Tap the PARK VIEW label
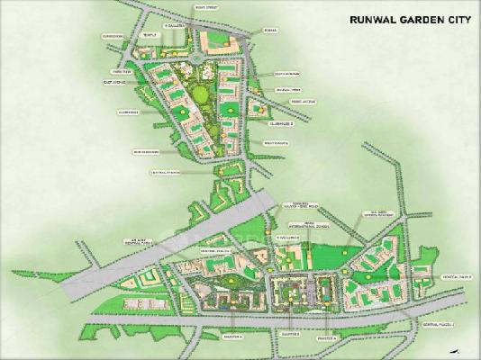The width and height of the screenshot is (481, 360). (123, 70)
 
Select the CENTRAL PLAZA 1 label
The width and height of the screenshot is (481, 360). (450, 275)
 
